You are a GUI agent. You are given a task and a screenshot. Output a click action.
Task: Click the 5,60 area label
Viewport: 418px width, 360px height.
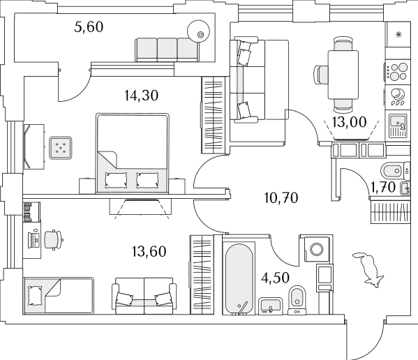coord(89,27)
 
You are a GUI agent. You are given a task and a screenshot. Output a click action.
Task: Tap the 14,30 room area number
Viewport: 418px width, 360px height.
coord(141,96)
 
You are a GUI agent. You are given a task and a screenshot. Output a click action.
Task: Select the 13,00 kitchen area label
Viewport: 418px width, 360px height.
coord(349,122)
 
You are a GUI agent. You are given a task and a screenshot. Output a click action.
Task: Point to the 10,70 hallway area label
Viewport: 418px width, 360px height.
coord(281,198)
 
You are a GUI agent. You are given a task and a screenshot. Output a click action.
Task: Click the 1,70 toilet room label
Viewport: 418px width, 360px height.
coord(383,187)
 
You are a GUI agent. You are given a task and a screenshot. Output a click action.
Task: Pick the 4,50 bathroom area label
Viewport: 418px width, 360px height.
coord(275,278)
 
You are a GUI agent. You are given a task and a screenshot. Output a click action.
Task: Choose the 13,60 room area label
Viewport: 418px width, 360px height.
coord(149,252)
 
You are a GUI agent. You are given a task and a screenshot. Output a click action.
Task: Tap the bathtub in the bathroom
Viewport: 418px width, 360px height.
coord(239,279)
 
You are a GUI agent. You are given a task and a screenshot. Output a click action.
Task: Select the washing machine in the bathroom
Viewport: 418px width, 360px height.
coord(317,249)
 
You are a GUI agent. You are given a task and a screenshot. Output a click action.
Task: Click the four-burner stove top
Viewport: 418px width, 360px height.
coord(398,72)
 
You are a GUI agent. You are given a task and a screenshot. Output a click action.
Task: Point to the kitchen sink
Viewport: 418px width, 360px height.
coord(398,126)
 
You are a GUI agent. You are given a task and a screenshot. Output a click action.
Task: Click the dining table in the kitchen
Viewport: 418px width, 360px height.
coord(343,75)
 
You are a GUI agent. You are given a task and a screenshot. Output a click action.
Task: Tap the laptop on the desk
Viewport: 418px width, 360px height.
coord(34,239)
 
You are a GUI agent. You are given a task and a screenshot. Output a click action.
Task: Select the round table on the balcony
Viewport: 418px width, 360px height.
coord(199,31)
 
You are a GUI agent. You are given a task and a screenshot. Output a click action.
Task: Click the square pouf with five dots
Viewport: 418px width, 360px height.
coord(61,148)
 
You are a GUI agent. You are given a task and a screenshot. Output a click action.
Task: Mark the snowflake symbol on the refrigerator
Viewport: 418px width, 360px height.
coord(398,34)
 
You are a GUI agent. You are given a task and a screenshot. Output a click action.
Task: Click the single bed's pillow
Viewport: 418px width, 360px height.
coord(35,296)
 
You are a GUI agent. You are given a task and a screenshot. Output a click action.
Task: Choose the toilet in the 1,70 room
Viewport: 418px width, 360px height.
coord(392,170)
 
